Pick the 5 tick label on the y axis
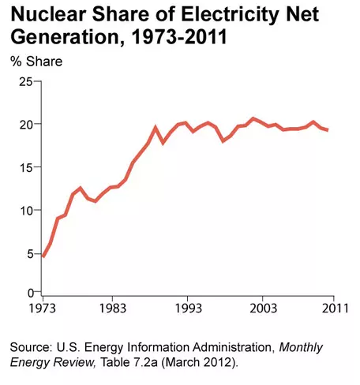(28, 253)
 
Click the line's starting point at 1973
(42, 256)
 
